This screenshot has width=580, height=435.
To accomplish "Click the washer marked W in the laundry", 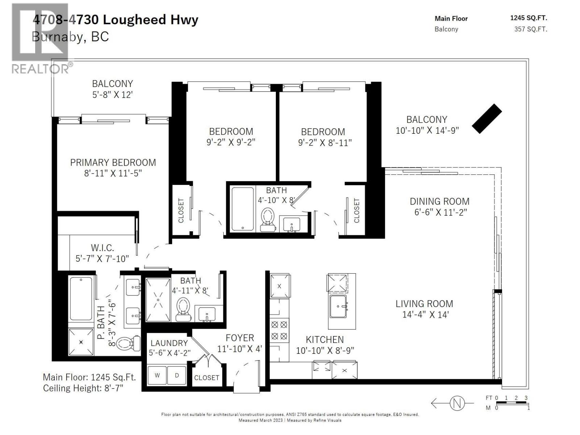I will point(157,376).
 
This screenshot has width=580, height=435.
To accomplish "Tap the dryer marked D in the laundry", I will point(177,376).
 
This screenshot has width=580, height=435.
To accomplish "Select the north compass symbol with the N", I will point(457,403).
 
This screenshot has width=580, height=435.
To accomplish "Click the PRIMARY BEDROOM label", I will point(113,162).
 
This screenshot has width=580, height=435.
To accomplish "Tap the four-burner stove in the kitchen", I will point(279,330).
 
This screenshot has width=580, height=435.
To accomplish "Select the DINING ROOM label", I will point(439,202).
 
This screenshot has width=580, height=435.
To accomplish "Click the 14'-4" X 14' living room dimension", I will point(425,315).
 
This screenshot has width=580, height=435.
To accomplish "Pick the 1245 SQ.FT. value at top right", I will point(528,18).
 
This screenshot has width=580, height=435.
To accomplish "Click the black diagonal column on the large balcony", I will point(486,119).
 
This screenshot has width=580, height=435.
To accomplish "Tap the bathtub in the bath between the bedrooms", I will point(243,208).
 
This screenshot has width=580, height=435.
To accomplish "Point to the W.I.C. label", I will point(102,248).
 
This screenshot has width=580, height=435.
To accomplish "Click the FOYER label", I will point(240,338).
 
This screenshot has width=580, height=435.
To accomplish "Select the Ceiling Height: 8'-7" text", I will point(83,388).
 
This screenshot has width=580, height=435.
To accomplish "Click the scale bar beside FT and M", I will point(511,403).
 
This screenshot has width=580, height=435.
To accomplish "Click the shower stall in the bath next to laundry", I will point(158,300).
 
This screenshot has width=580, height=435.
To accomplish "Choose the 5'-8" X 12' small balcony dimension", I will point(112,95).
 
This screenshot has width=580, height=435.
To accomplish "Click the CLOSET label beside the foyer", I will point(206,378).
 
